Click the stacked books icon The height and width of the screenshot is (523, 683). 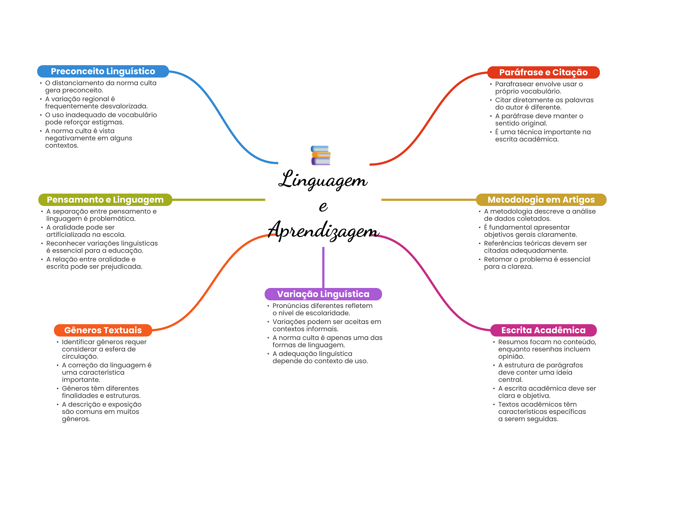[320, 155]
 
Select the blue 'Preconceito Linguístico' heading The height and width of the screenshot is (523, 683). [103, 71]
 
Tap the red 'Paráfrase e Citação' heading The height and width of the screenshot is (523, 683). [543, 72]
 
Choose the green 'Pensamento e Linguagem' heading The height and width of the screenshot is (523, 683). [105, 200]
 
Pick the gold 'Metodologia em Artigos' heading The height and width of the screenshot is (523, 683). [541, 200]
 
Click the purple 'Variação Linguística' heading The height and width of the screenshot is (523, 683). [323, 294]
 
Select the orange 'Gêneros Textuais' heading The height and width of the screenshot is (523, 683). [103, 330]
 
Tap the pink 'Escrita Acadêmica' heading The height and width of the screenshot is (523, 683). [543, 330]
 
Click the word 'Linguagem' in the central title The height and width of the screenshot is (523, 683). [323, 180]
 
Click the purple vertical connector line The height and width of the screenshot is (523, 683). [323, 267]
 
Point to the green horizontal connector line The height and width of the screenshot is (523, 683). [218, 200]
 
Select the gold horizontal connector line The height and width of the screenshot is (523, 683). [429, 200]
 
